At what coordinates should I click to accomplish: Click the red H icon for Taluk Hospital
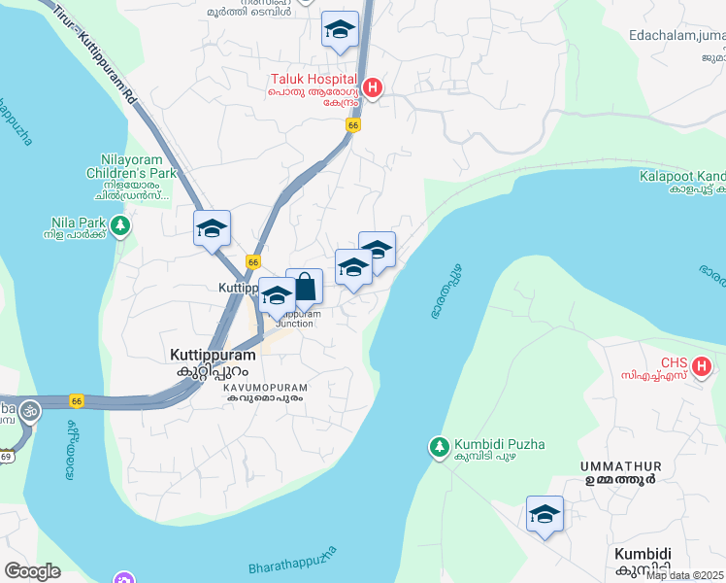[x=372, y=87]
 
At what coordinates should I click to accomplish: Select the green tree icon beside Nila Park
[x=120, y=227]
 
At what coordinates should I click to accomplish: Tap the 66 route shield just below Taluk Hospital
[x=352, y=125]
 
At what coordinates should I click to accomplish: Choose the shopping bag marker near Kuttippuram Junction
[x=305, y=288]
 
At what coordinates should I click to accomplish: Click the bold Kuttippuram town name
[x=209, y=356]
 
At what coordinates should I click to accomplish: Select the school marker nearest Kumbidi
[x=544, y=515]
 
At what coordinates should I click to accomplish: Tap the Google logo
[x=32, y=571]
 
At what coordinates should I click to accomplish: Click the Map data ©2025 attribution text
[x=685, y=575]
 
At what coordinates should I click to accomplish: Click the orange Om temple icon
[x=29, y=408]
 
